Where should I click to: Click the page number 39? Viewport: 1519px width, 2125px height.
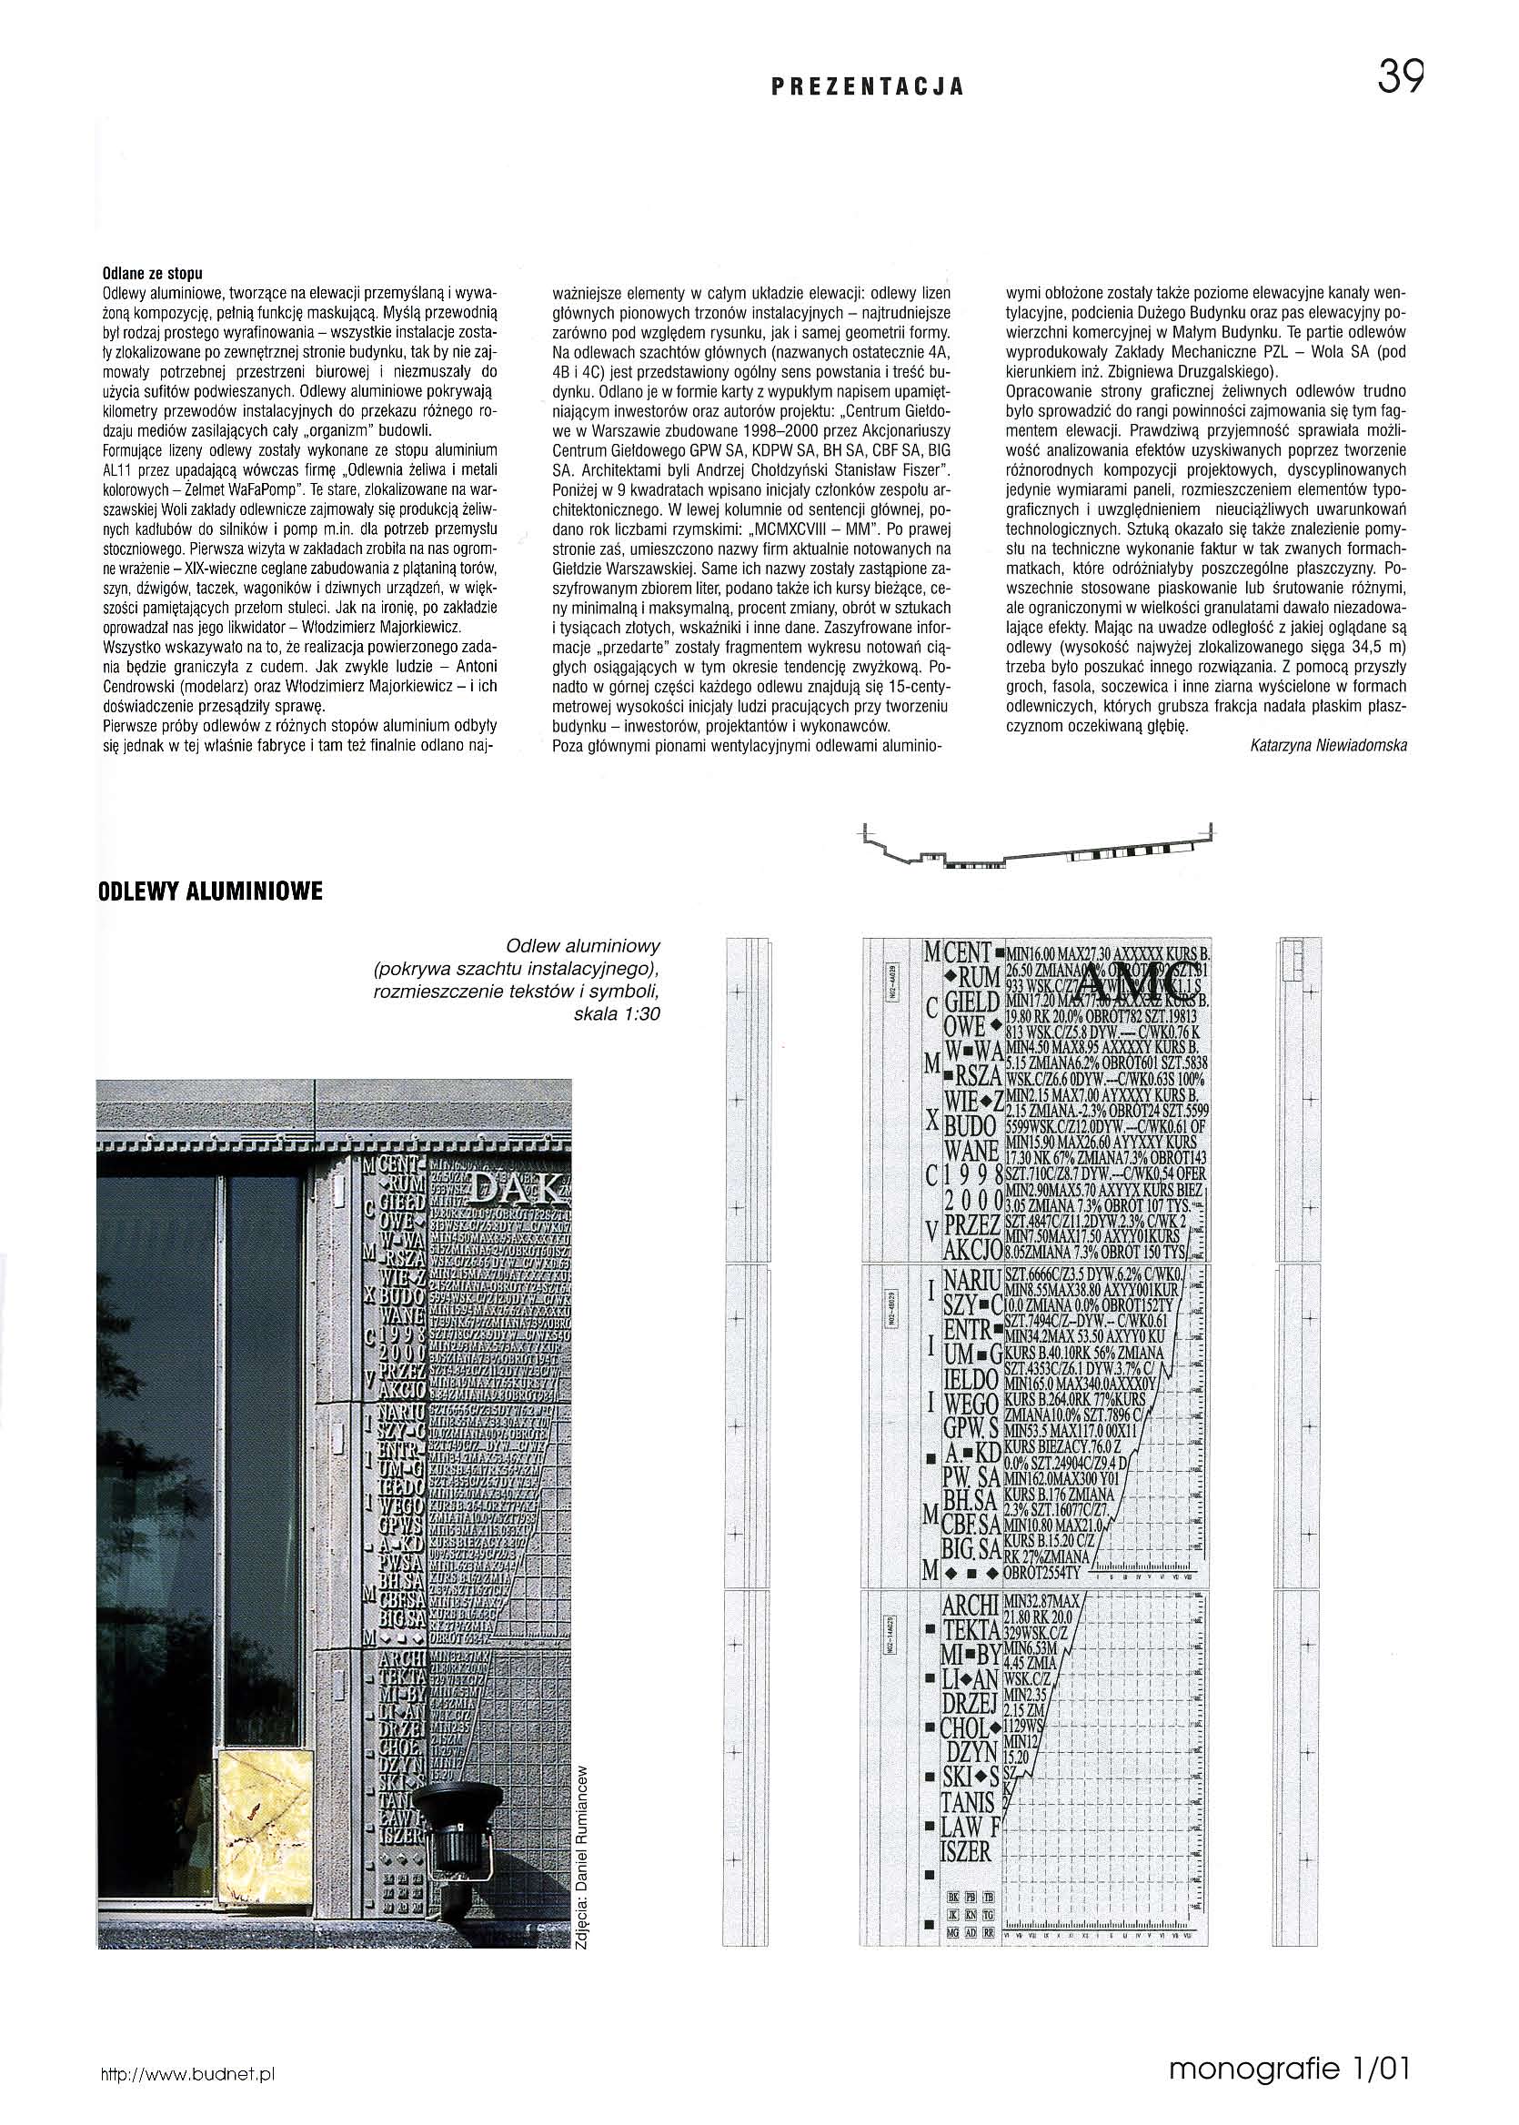[x=1399, y=76]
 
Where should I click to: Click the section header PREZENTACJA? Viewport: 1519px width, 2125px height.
[x=867, y=88]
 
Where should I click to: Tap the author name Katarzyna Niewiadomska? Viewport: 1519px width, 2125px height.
[x=1327, y=744]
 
